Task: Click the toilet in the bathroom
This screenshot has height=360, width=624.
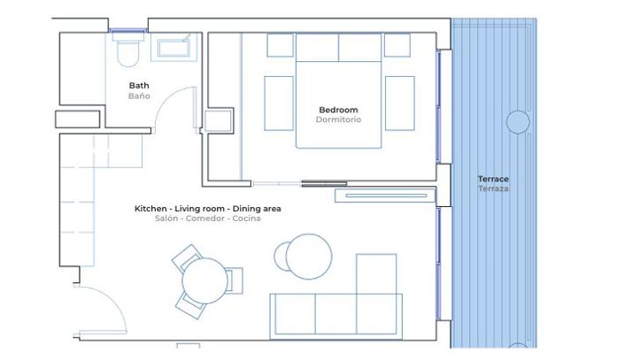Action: (129, 50)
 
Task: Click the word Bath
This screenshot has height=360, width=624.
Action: (139, 86)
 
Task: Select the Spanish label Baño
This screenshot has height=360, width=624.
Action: (139, 96)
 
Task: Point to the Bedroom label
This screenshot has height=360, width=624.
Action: (338, 110)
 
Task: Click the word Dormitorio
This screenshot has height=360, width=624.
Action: (338, 119)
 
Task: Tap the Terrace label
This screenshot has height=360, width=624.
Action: (493, 179)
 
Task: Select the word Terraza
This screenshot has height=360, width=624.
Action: (493, 188)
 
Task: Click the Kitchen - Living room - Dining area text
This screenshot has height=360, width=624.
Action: (207, 209)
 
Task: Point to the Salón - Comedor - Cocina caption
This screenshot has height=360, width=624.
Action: (207, 218)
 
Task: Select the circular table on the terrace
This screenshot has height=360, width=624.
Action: (518, 121)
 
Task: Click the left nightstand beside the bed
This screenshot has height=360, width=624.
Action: (279, 103)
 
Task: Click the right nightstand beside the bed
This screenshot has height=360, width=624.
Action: (399, 103)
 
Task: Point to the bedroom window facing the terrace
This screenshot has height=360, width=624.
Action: (439, 106)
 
